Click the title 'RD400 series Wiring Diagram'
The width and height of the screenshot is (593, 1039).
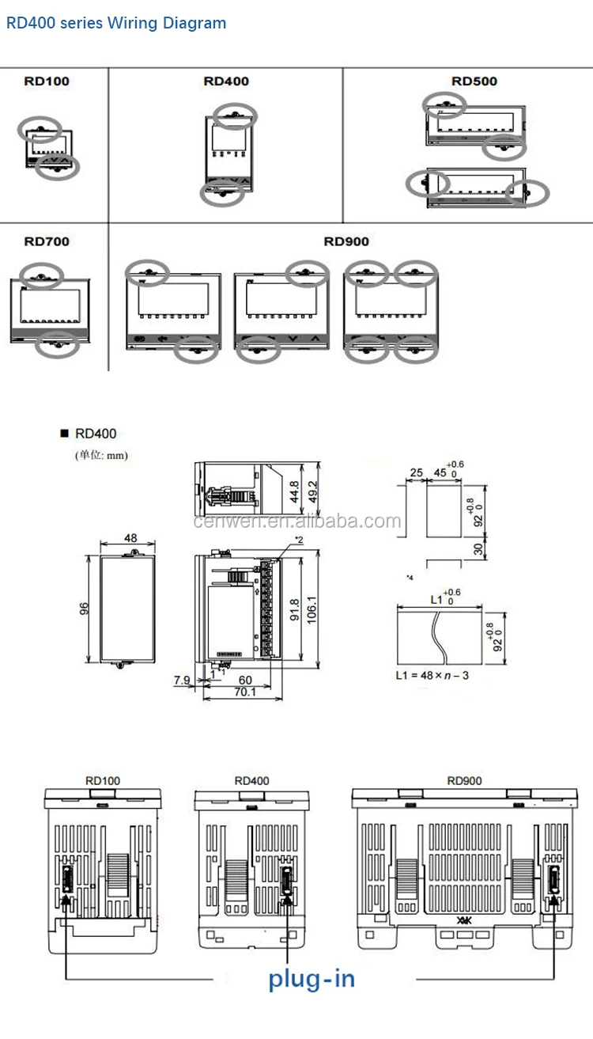click(116, 23)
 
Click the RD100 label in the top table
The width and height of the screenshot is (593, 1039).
click(46, 81)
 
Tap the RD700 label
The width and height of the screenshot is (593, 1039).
click(46, 241)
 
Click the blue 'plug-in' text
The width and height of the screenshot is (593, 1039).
click(312, 979)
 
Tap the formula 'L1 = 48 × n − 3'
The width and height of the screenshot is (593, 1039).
click(432, 675)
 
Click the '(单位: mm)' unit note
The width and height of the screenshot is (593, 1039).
click(101, 455)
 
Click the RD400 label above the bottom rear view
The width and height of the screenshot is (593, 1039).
click(251, 780)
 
